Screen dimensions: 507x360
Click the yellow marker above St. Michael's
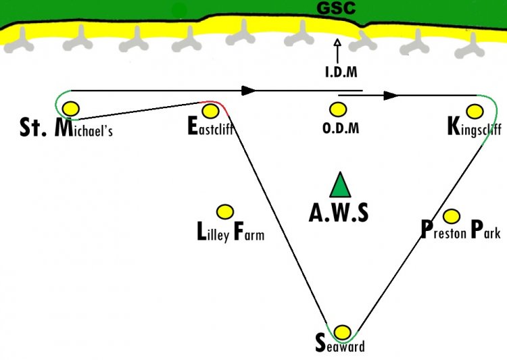(x=71, y=109)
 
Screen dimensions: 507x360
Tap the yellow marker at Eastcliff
(x=210, y=111)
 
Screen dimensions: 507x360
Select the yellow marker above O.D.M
(x=338, y=109)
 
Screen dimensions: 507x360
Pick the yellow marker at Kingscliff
(x=475, y=111)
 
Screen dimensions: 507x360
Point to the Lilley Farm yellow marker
(x=224, y=212)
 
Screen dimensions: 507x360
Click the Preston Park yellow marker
(x=452, y=216)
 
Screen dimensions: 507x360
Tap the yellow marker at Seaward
(x=342, y=332)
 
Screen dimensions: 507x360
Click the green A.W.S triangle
(x=340, y=185)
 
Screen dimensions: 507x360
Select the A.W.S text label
(x=339, y=213)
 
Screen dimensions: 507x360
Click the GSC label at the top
(x=336, y=8)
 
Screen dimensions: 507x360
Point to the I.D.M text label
(x=341, y=72)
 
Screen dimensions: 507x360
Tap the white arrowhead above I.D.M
(x=337, y=43)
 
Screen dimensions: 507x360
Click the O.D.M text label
(x=341, y=128)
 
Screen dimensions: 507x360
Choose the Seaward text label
(x=340, y=343)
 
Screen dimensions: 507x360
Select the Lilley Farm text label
(x=231, y=232)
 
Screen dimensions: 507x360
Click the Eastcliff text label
(x=210, y=126)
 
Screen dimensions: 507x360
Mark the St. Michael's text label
(x=66, y=128)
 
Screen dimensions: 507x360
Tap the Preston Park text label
(x=461, y=230)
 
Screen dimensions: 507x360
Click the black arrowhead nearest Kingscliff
(x=391, y=95)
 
